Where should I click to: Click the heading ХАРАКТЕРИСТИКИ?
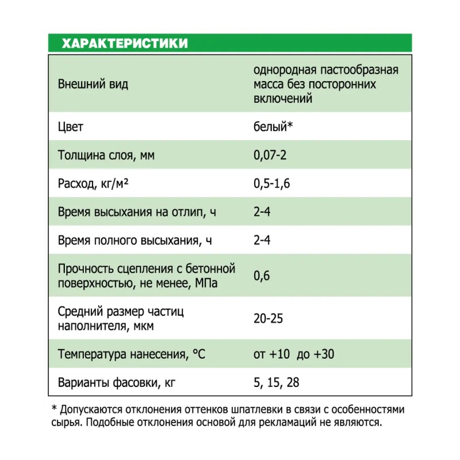tap(124, 44)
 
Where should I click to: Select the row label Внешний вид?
tap(93, 85)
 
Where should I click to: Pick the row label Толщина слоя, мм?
tap(106, 155)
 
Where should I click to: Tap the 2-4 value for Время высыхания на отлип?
tap(262, 212)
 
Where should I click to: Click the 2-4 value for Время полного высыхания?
tap(262, 240)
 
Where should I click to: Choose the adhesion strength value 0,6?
tap(262, 275)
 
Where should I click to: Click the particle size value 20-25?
tap(269, 318)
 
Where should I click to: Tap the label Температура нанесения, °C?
tap(132, 354)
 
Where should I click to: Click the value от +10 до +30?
tap(293, 354)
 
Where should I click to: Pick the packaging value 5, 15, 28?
tap(277, 382)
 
